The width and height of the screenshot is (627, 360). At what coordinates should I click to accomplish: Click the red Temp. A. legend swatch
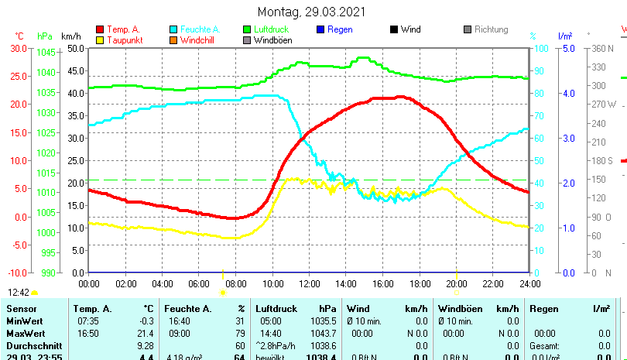point(100,29)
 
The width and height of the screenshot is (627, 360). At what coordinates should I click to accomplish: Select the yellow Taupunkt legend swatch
point(100,39)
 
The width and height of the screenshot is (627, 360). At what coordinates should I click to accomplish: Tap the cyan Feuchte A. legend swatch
point(173,29)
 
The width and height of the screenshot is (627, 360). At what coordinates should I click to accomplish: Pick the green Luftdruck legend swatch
point(247,29)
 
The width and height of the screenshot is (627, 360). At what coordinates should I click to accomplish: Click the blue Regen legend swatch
point(320,29)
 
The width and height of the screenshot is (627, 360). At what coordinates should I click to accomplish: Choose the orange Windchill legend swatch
point(173,39)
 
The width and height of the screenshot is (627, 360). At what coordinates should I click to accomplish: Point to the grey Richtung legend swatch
point(468,29)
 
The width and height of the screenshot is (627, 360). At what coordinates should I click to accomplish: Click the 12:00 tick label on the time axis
point(308,283)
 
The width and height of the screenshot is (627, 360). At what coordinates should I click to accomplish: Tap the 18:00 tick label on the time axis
point(419,283)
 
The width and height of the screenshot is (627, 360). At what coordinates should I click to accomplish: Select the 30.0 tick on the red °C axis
point(19,48)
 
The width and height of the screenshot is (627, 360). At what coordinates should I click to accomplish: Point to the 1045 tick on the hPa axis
point(46,53)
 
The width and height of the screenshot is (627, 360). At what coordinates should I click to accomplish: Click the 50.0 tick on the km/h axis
point(75,48)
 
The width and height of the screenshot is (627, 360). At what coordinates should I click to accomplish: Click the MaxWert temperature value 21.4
point(145,333)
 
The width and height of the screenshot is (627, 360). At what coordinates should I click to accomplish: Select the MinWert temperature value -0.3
point(145,321)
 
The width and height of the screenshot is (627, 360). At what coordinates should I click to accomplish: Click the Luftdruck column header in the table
point(276,309)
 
